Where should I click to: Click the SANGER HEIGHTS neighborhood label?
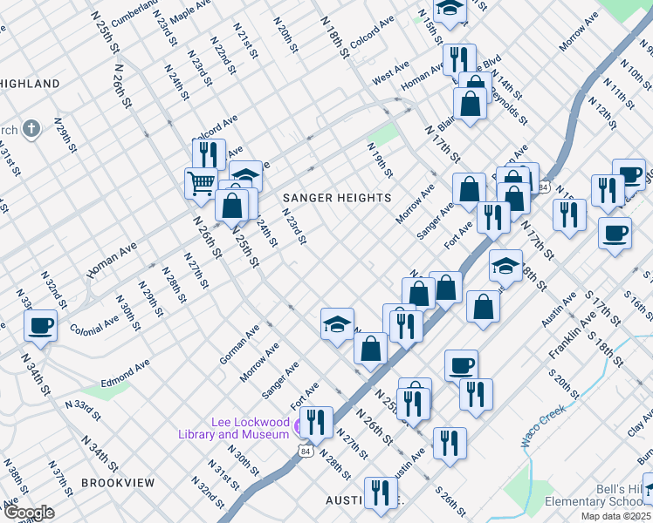click(x=337, y=198)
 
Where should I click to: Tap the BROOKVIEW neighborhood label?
click(x=117, y=482)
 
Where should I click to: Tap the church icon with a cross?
click(x=32, y=130)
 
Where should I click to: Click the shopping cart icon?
click(x=201, y=182)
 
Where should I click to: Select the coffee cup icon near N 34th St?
click(x=41, y=327)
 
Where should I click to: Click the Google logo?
click(x=28, y=512)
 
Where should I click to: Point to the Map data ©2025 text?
click(x=615, y=516)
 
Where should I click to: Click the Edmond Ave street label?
click(x=125, y=370)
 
